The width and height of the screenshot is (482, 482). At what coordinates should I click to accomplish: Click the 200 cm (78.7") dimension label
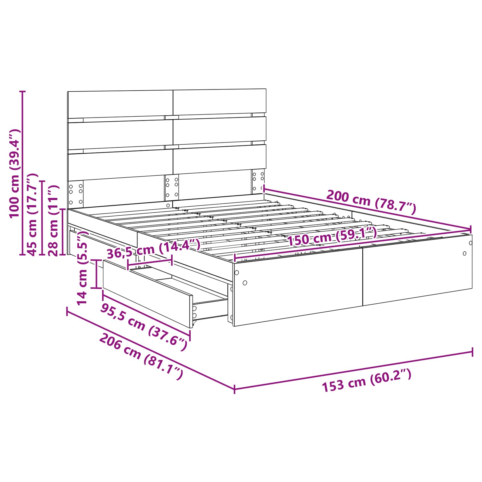(x=371, y=202)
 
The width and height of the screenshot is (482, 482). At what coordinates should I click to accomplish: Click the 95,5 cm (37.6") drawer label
(x=144, y=327)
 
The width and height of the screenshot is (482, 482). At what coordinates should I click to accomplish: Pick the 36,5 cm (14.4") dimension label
(x=154, y=249)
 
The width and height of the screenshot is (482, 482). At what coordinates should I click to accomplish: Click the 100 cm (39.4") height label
(x=14, y=173)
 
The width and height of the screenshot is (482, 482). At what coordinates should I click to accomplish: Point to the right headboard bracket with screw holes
(x=258, y=182)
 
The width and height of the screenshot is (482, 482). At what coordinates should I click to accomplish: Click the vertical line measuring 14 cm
(x=96, y=274)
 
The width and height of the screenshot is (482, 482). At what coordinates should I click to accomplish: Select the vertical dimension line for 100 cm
(x=22, y=173)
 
